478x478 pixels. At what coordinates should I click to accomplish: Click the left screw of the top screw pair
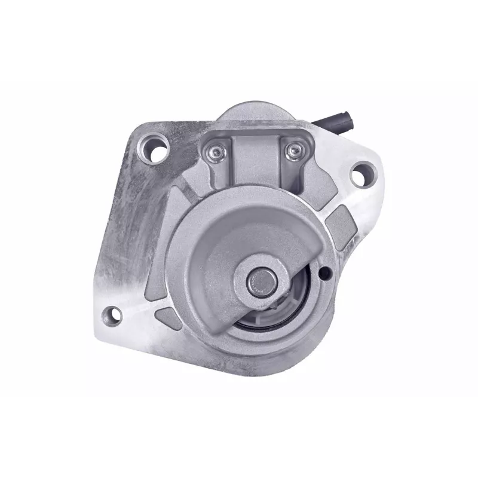(213, 153)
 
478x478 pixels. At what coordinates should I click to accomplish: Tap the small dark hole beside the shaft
(324, 274)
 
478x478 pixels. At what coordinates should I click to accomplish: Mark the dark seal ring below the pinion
(263, 326)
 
